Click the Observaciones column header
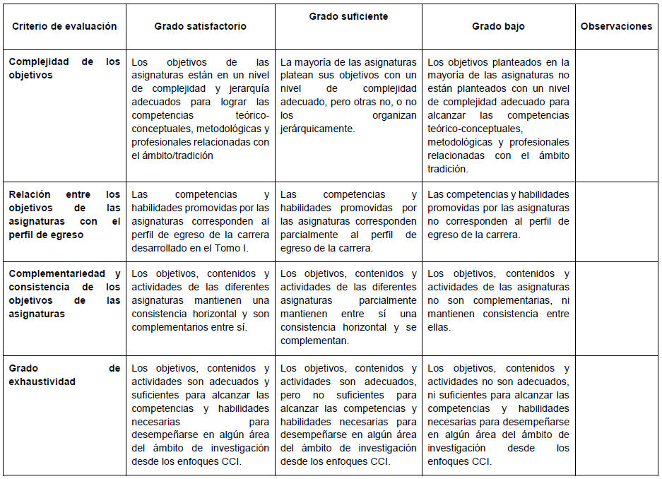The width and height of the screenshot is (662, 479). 616,26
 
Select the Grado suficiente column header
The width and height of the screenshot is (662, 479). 348,16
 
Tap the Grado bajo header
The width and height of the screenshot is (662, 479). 498,26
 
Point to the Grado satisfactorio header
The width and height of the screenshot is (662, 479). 201,26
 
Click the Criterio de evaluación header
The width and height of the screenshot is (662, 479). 64,26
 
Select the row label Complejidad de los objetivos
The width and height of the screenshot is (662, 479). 64,69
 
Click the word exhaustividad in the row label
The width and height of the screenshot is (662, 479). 42,382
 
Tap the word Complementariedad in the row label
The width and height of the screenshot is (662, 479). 57,273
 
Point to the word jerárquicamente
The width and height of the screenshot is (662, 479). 318,129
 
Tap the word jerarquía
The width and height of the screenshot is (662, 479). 247,89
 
